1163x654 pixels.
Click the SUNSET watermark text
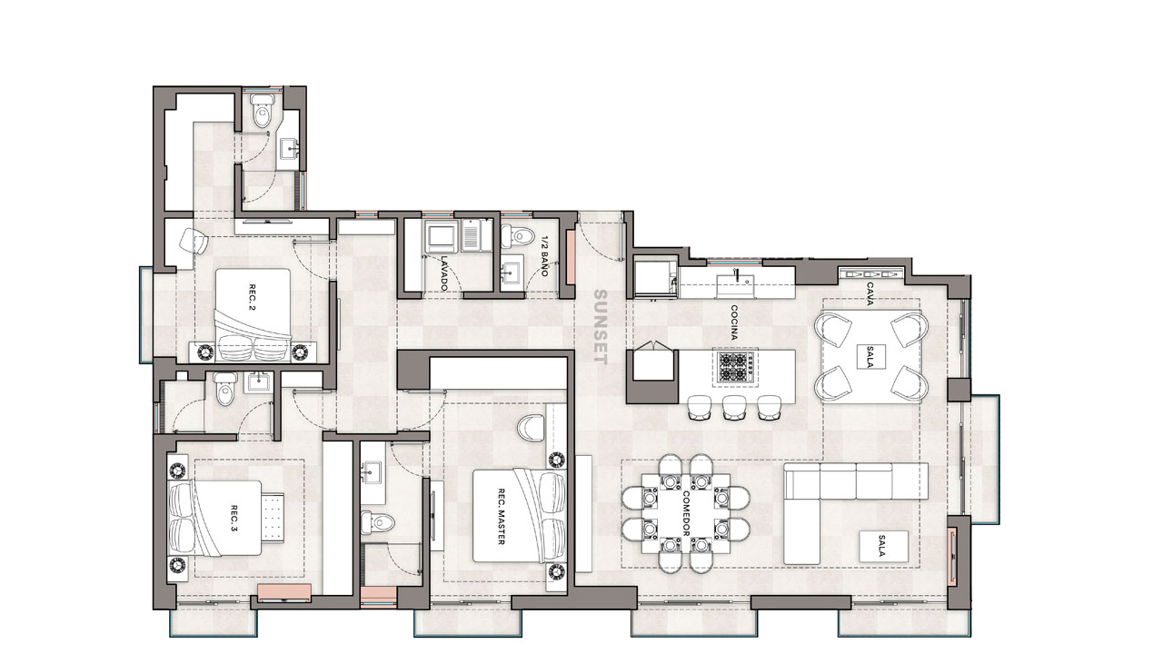tap(601, 328)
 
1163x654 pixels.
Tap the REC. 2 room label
tap(253, 297)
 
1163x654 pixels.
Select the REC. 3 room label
tap(234, 519)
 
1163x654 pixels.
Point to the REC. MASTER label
tap(501, 517)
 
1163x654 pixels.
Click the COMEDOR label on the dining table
tap(685, 513)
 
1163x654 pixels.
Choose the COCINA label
tap(733, 322)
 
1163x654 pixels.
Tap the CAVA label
tap(870, 293)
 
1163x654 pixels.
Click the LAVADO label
tap(444, 273)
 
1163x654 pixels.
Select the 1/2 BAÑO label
tap(544, 256)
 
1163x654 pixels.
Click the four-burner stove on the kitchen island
tap(734, 368)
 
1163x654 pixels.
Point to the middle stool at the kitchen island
tap(734, 407)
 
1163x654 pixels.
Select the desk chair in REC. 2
tap(194, 241)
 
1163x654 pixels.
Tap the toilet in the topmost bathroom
tap(263, 110)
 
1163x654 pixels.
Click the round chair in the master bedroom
tap(531, 427)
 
